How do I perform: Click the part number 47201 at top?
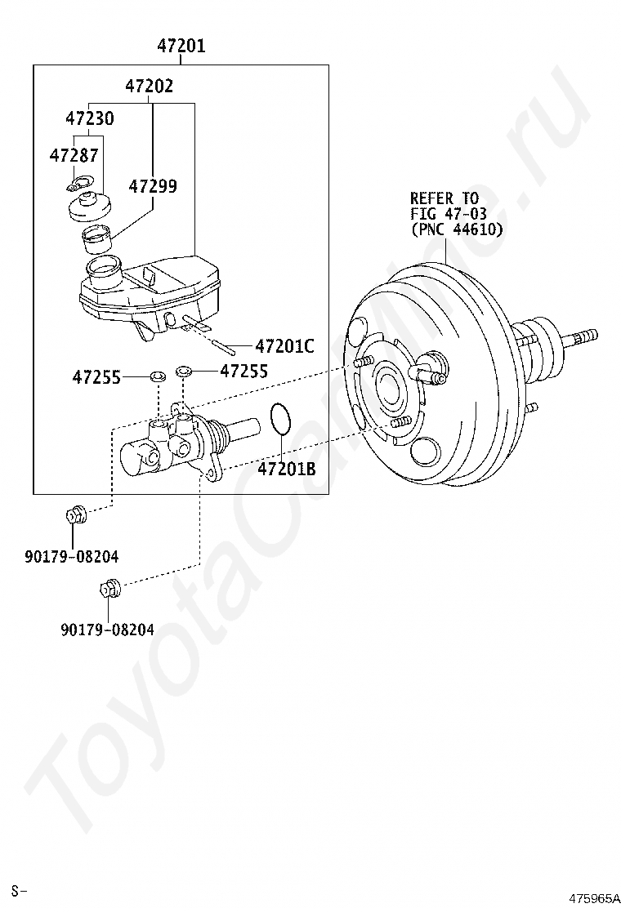click(x=181, y=45)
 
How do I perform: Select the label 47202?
click(x=150, y=87)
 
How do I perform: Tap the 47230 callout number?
click(x=89, y=118)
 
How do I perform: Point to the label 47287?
click(x=74, y=155)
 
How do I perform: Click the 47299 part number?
click(x=152, y=186)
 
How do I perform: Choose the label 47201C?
click(x=284, y=346)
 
